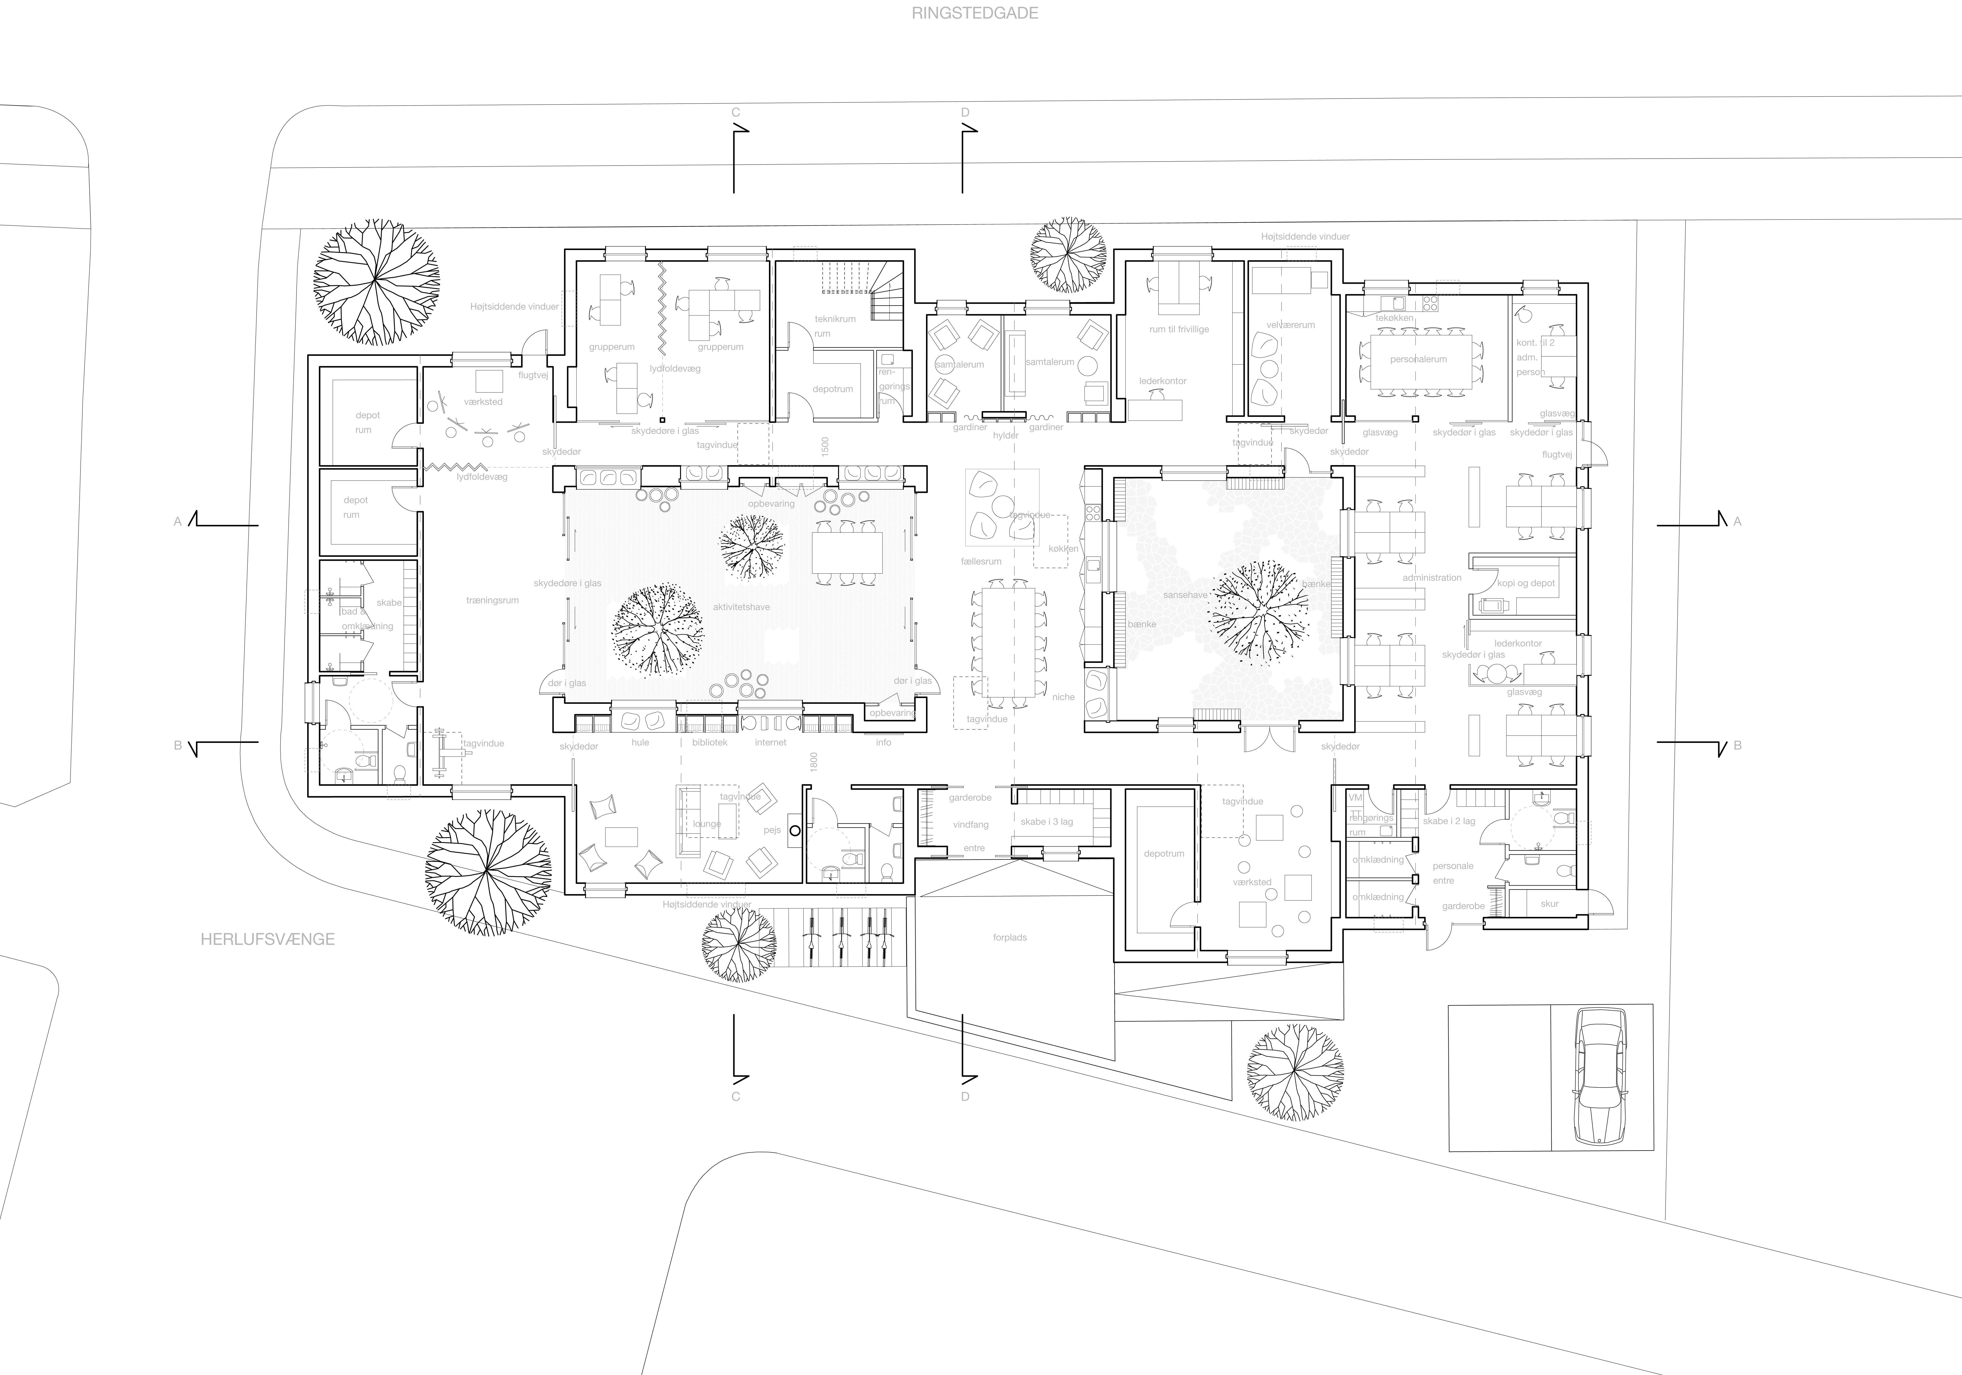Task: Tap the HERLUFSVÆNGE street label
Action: click(x=268, y=939)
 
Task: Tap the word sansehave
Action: click(x=1185, y=595)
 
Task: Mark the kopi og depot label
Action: click(x=1526, y=584)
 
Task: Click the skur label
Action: click(x=1549, y=903)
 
